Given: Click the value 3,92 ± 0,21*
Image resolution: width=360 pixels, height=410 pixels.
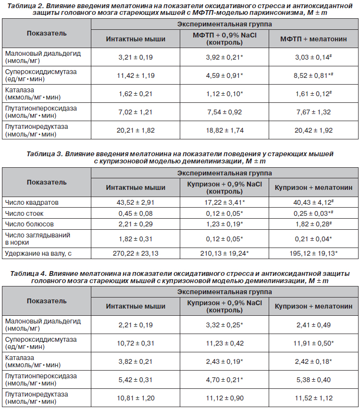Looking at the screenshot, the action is click(x=224, y=57).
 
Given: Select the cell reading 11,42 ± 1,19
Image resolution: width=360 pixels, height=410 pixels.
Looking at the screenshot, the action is click(x=136, y=75).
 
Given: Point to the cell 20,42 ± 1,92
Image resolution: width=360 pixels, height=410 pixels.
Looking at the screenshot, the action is click(x=313, y=130).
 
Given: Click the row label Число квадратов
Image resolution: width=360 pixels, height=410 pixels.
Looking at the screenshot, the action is click(x=32, y=202).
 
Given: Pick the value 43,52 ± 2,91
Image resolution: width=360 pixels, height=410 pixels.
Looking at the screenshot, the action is click(x=136, y=202).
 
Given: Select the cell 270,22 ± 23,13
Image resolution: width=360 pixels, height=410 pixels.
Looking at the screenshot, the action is click(x=136, y=253).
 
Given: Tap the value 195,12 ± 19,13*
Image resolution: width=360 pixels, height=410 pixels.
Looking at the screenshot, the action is click(x=313, y=253).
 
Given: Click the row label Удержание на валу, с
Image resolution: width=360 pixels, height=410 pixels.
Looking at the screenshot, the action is click(x=38, y=253).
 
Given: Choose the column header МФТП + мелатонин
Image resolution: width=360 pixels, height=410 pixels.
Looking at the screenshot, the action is click(x=313, y=39).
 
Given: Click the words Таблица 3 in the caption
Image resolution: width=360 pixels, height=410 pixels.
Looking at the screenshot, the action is click(x=44, y=154).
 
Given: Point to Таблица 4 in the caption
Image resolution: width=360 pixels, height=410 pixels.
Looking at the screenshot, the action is click(x=28, y=273).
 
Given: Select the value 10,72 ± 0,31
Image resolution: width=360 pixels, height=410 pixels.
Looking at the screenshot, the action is click(x=136, y=343).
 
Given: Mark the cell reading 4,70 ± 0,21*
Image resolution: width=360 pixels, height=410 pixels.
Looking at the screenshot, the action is click(x=224, y=380).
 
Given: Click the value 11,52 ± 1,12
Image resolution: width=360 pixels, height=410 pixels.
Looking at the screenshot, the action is click(x=313, y=398).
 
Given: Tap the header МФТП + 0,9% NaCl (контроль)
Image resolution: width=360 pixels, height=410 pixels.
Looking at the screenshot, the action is click(x=224, y=39).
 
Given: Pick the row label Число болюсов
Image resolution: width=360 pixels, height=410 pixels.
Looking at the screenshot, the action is click(x=29, y=224).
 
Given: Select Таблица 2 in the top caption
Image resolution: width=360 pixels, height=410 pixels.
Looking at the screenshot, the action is click(x=25, y=6).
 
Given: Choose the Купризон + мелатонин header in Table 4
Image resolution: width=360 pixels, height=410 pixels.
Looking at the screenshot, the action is click(x=313, y=306).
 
